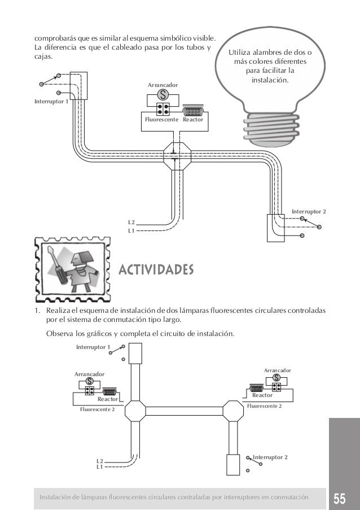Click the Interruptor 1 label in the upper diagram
[50, 102]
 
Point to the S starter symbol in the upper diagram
[163, 94]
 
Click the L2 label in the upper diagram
[131, 223]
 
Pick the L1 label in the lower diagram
[99, 467]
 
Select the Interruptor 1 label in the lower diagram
[93, 347]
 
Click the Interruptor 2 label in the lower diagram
[270, 455]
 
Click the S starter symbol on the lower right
[276, 378]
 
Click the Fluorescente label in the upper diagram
[160, 120]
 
